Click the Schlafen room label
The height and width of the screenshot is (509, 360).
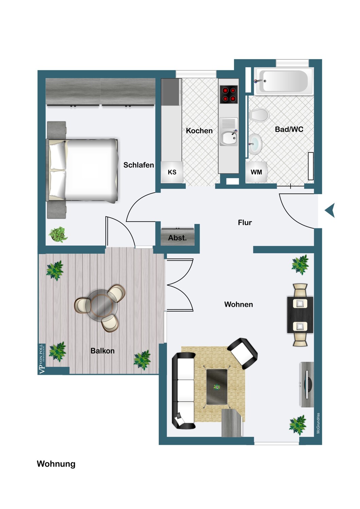click(x=139, y=165)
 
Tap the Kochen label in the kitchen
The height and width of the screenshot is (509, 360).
click(x=199, y=131)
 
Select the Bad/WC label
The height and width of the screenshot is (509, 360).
click(x=289, y=129)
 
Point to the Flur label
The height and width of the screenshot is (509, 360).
click(x=245, y=223)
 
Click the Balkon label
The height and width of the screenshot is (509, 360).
click(x=102, y=351)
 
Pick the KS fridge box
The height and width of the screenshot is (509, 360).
click(x=172, y=172)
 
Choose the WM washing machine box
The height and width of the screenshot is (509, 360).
click(x=256, y=172)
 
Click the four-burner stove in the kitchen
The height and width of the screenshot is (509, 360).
click(x=229, y=94)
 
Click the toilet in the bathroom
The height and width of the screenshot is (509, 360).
click(x=259, y=115)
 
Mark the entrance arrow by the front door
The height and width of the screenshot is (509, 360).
click(x=330, y=210)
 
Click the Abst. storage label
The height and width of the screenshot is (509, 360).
click(x=177, y=238)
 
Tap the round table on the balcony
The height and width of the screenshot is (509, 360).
click(x=102, y=305)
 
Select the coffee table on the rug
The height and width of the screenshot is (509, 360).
click(x=217, y=387)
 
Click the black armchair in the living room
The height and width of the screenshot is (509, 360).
click(x=242, y=353)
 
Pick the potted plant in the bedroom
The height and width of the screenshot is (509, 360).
click(x=58, y=234)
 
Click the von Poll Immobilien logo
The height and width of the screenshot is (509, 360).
click(x=42, y=359)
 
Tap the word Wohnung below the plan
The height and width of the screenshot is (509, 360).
click(x=56, y=464)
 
